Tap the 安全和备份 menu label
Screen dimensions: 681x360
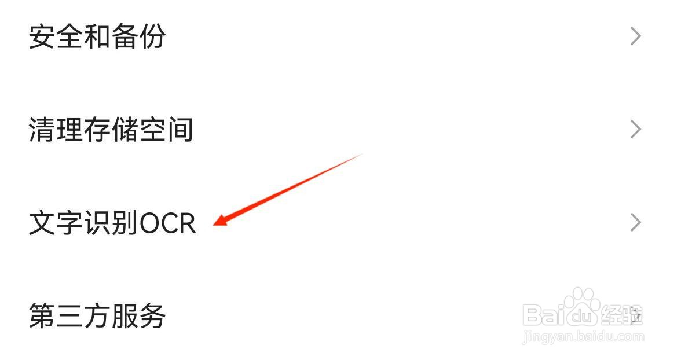pos(97,36)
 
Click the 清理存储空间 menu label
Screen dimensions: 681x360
pos(111,130)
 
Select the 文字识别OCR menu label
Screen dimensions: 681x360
pos(112,223)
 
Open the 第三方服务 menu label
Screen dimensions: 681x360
pos(97,317)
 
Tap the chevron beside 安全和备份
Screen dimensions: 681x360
pos(636,36)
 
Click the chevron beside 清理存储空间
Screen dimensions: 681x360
pos(636,130)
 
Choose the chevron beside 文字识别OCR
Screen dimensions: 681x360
pos(636,223)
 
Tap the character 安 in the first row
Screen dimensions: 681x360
pos(42,36)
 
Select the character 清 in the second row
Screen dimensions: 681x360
pos(42,130)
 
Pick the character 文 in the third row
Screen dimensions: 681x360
pos(42,223)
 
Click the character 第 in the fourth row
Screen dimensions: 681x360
pos(42,317)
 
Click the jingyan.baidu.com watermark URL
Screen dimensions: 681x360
pos(582,336)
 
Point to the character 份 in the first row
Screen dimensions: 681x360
pos(152,36)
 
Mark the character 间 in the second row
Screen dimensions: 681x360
pos(180,130)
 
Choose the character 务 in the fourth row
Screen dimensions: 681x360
pos(152,317)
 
